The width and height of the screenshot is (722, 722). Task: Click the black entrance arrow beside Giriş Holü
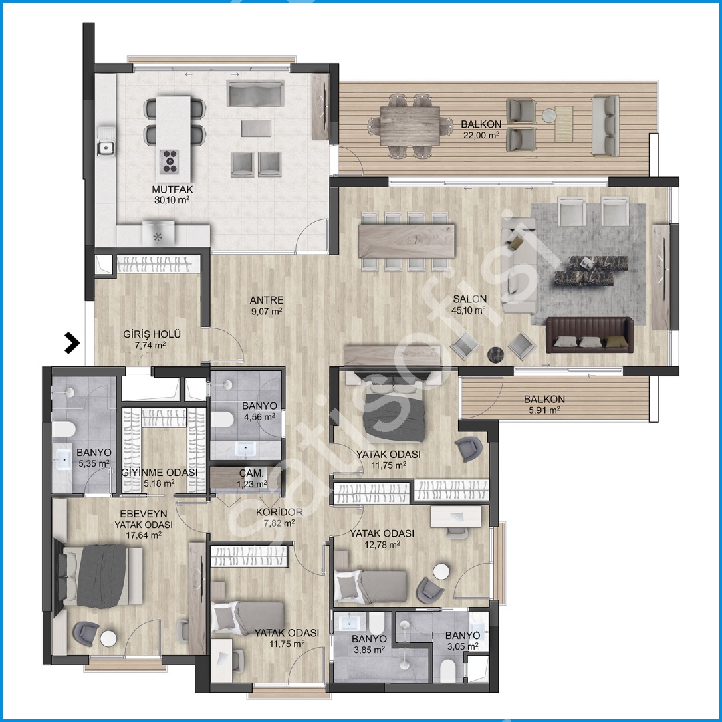point(72,342)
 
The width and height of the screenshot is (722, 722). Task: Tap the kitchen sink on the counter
point(106,148)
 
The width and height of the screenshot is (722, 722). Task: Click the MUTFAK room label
point(172,189)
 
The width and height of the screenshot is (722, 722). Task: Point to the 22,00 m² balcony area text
point(481,135)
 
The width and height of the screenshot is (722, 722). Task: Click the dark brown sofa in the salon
point(590,335)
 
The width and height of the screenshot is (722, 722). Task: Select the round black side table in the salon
point(495,354)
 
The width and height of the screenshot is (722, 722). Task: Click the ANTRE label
point(267,300)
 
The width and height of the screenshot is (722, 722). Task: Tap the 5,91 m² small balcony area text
point(544,410)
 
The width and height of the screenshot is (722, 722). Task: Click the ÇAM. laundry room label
point(251,473)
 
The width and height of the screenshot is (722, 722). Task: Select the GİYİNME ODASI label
point(159,473)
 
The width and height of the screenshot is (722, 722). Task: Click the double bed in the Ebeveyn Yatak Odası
point(98,576)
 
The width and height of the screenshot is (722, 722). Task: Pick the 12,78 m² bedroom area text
point(382,545)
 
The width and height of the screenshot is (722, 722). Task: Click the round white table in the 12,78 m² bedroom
point(441,571)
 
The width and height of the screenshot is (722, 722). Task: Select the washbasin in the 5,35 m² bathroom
point(64,459)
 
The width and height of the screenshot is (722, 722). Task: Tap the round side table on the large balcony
point(548,115)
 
